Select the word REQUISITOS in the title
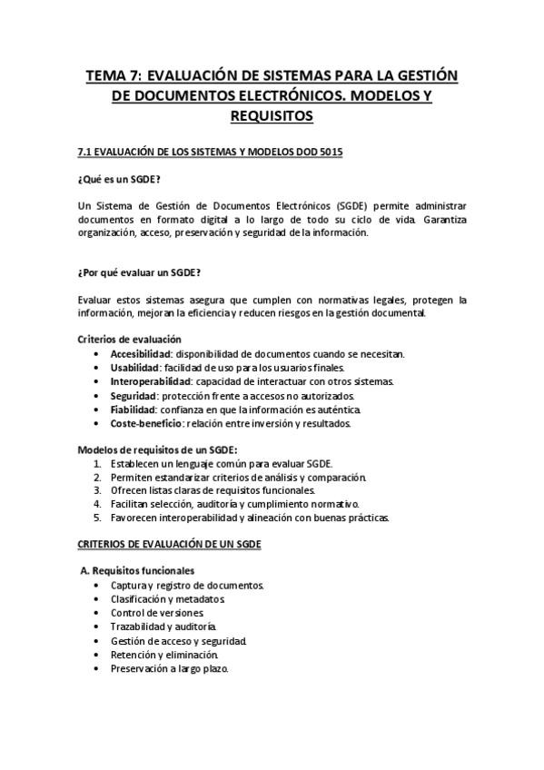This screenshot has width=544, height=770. [x=272, y=115]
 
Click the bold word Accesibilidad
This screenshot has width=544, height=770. [x=141, y=353]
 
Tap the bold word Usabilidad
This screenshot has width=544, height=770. [x=134, y=368]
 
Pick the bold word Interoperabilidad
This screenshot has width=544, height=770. [x=150, y=381]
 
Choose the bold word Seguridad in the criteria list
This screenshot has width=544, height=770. [x=134, y=396]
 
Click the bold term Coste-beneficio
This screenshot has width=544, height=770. [x=145, y=423]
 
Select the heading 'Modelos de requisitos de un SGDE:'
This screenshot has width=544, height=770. [x=157, y=449]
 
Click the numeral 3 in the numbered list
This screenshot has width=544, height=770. [x=97, y=490]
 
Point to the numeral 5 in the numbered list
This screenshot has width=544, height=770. [x=97, y=518]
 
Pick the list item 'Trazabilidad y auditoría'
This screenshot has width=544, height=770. [x=163, y=627]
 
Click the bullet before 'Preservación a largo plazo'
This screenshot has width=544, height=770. [x=97, y=669]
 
